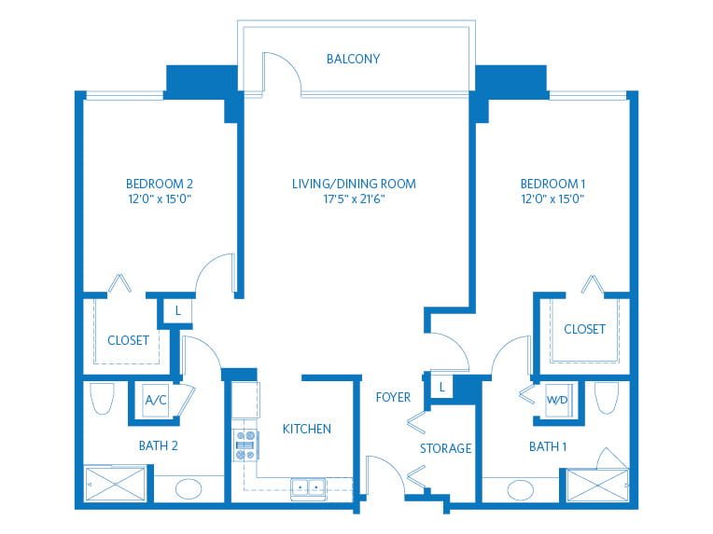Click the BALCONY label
click(x=353, y=59)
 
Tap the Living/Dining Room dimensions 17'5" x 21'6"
click(x=355, y=199)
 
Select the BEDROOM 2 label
click(x=160, y=184)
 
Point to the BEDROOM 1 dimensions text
click(x=552, y=199)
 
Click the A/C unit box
click(x=156, y=401)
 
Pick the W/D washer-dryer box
click(x=557, y=400)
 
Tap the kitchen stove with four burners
click(x=245, y=445)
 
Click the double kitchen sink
click(x=308, y=488)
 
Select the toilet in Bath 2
click(x=102, y=399)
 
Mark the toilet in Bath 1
click(x=607, y=398)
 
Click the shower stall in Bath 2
click(x=115, y=484)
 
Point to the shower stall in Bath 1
click(x=597, y=486)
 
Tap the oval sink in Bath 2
click(x=189, y=489)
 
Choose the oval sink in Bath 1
click(x=520, y=490)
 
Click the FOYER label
click(x=393, y=397)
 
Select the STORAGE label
click(x=445, y=448)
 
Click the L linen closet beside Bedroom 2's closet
click(x=178, y=311)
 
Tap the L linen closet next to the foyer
click(x=441, y=388)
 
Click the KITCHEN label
click(x=306, y=429)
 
